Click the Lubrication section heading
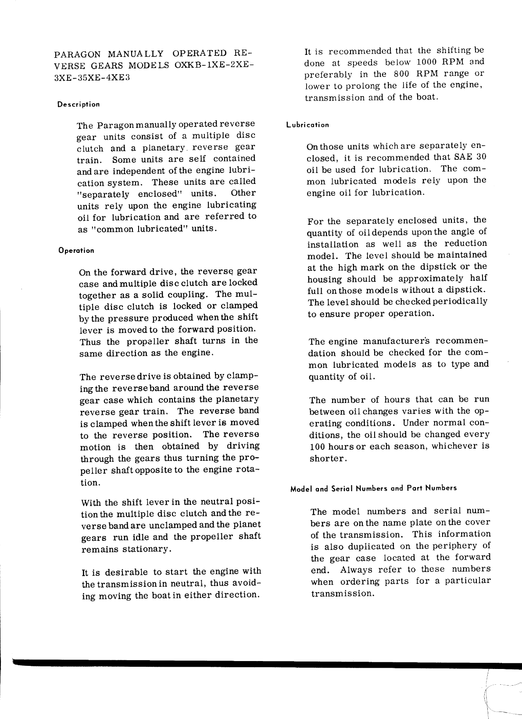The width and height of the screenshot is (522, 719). tap(307, 125)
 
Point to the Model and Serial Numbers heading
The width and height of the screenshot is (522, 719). tap(373, 488)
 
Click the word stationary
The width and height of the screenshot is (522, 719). tap(143, 550)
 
